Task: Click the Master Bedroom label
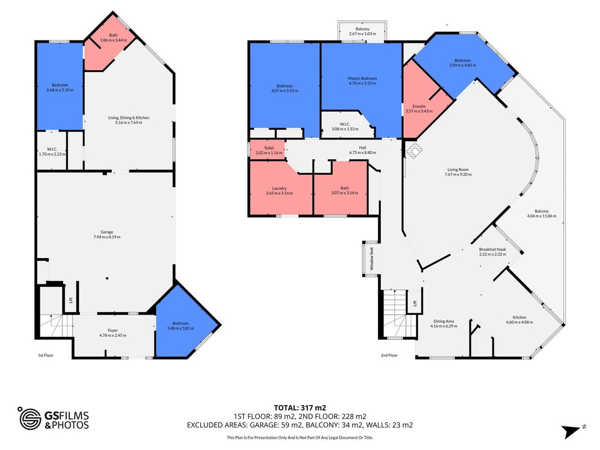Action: [x=362, y=78]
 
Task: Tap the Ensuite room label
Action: [x=418, y=106]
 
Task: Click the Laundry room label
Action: [x=279, y=188]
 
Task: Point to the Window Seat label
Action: [x=372, y=259]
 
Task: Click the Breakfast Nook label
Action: [x=493, y=250]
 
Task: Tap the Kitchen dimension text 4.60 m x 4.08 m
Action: [x=519, y=322]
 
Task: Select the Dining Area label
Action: [x=444, y=321]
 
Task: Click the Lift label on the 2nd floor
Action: [x=415, y=303]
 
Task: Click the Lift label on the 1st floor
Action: [x=70, y=300]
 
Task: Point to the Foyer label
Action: [x=112, y=330]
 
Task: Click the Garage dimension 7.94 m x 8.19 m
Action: [x=107, y=237]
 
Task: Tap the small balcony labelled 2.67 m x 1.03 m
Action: [x=362, y=30]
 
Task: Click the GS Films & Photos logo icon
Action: [x=30, y=418]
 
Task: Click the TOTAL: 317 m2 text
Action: [x=300, y=408]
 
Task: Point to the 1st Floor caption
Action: [x=46, y=355]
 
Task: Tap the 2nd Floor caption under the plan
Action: [x=389, y=355]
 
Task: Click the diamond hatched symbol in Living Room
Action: [x=414, y=151]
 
